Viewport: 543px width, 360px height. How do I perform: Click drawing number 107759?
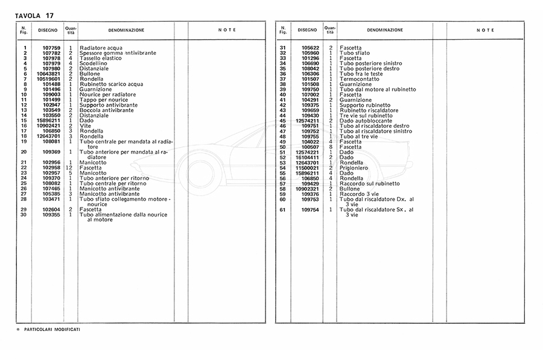coord(51,47)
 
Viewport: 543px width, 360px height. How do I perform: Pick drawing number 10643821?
coord(49,74)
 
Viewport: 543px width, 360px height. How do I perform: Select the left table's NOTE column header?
coord(227,30)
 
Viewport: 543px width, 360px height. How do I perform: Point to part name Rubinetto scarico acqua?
coord(112,84)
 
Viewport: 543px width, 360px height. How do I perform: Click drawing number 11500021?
coord(308,168)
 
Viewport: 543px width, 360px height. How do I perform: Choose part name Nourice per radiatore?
coord(107,95)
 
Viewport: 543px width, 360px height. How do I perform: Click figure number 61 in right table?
coord(282,210)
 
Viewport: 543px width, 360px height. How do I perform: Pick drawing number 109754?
coord(310,210)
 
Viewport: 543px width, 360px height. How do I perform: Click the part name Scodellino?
coord(93,63)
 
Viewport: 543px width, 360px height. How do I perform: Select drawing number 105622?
coord(310,47)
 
